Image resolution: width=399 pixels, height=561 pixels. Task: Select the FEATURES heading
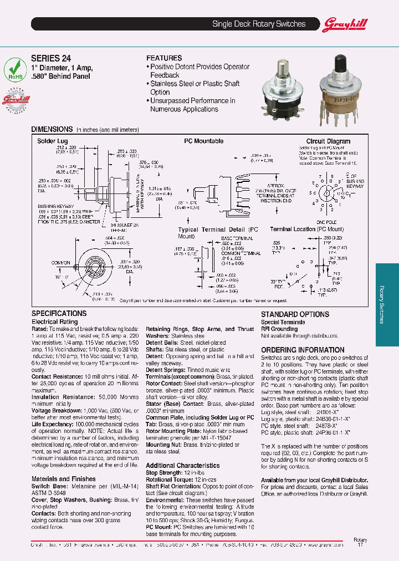point(163,58)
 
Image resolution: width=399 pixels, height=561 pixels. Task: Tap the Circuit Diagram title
point(328,141)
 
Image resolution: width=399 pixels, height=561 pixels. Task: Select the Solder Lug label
point(52,141)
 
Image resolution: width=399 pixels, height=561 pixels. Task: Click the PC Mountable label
point(203,141)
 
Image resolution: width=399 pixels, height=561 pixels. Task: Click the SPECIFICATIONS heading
point(59,314)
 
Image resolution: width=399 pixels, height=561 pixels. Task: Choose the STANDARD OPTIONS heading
point(295,314)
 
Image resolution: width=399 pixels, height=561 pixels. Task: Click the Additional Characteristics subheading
point(182,466)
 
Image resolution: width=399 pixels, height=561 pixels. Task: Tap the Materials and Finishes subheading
point(63,479)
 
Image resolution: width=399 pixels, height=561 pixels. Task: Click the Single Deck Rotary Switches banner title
point(259,24)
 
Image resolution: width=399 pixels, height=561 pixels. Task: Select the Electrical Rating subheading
point(54,322)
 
